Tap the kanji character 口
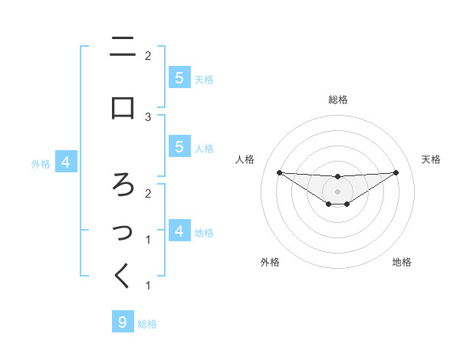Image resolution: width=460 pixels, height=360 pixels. [123, 108]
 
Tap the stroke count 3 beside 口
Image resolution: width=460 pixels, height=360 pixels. [148, 116]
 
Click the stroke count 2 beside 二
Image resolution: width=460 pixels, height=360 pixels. [148, 55]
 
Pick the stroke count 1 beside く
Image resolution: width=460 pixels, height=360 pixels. [148, 286]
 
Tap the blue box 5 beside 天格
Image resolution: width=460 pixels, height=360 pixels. [179, 77]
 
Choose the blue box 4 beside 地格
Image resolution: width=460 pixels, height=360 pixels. [179, 231]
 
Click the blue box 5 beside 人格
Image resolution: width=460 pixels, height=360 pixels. [179, 146]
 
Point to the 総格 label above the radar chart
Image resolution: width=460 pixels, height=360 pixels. [337, 100]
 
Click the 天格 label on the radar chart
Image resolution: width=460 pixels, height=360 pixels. [431, 159]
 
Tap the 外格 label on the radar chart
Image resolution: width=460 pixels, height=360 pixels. [270, 262]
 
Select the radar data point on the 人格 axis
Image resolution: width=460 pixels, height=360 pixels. [279, 172]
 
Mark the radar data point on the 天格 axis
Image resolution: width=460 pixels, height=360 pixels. [396, 172]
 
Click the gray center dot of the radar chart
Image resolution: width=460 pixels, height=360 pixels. [337, 191]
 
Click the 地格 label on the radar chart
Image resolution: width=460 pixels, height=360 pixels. [402, 262]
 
